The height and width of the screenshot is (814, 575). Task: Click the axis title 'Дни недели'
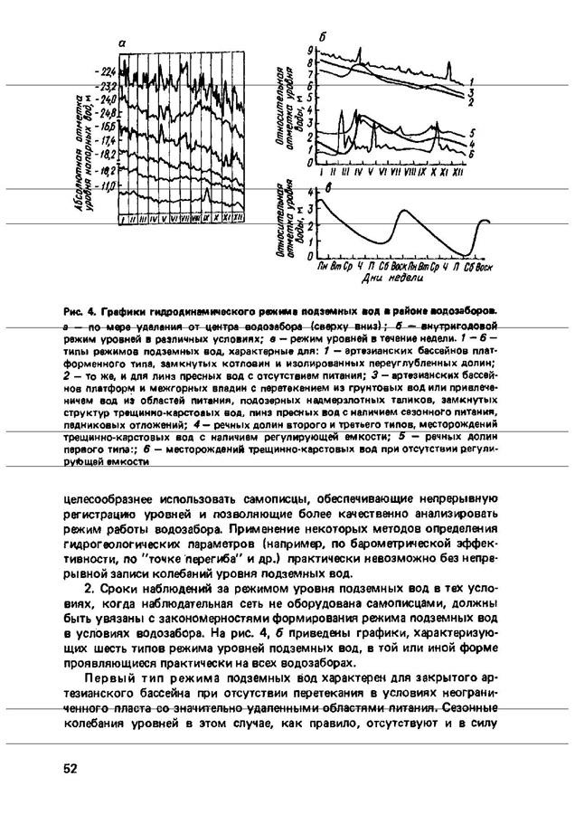click(x=386, y=279)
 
